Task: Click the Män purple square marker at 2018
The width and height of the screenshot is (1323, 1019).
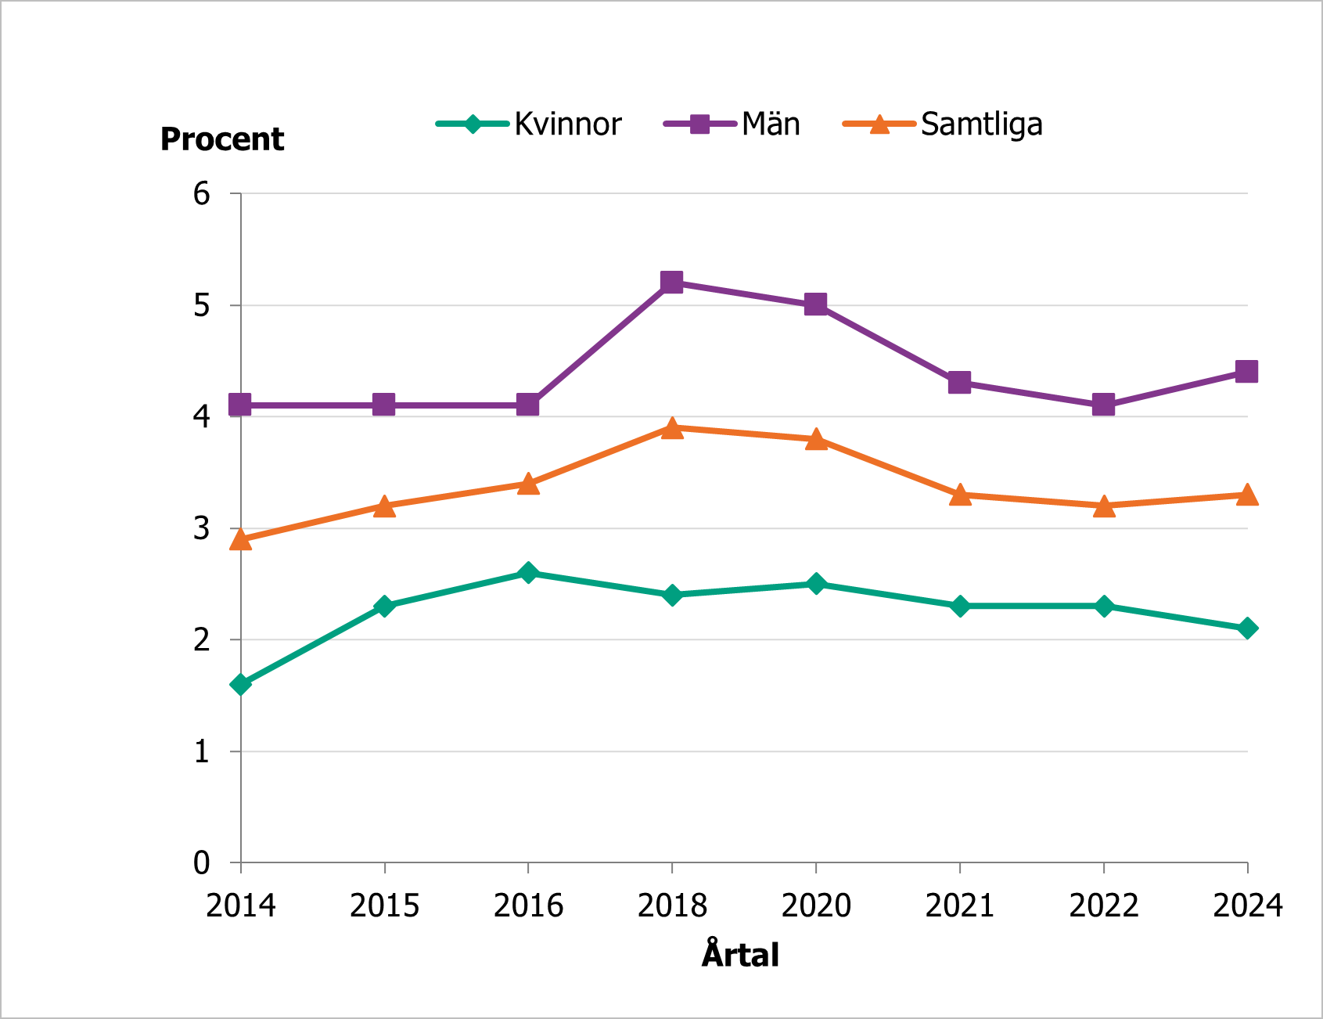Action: coord(671,282)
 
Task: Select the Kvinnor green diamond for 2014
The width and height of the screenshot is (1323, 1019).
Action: coord(240,684)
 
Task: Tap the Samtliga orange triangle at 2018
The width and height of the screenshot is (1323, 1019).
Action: coord(671,428)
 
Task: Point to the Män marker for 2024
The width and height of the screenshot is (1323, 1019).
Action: coord(1246,371)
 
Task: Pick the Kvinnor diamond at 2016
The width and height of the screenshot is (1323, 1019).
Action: coord(528,572)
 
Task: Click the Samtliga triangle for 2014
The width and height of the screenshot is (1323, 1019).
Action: coord(240,540)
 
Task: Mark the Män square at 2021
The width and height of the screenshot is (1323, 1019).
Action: coord(960,383)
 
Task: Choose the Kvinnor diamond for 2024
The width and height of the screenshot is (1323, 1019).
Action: coord(1247,628)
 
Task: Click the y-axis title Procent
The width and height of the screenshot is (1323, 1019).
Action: coord(222,139)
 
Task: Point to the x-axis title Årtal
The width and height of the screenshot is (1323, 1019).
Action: coord(740,955)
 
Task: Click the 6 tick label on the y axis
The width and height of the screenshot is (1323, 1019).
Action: coord(202,193)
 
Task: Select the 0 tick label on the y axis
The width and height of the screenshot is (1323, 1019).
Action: coord(202,862)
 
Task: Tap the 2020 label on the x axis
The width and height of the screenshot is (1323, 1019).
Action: coord(816,906)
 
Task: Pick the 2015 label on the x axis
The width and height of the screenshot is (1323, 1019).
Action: coord(384,906)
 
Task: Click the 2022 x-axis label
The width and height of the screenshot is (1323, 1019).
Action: coord(1103,906)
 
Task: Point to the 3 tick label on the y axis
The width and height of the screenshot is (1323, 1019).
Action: coord(202,528)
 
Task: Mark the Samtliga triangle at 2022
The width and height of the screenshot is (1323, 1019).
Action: coord(1103,506)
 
